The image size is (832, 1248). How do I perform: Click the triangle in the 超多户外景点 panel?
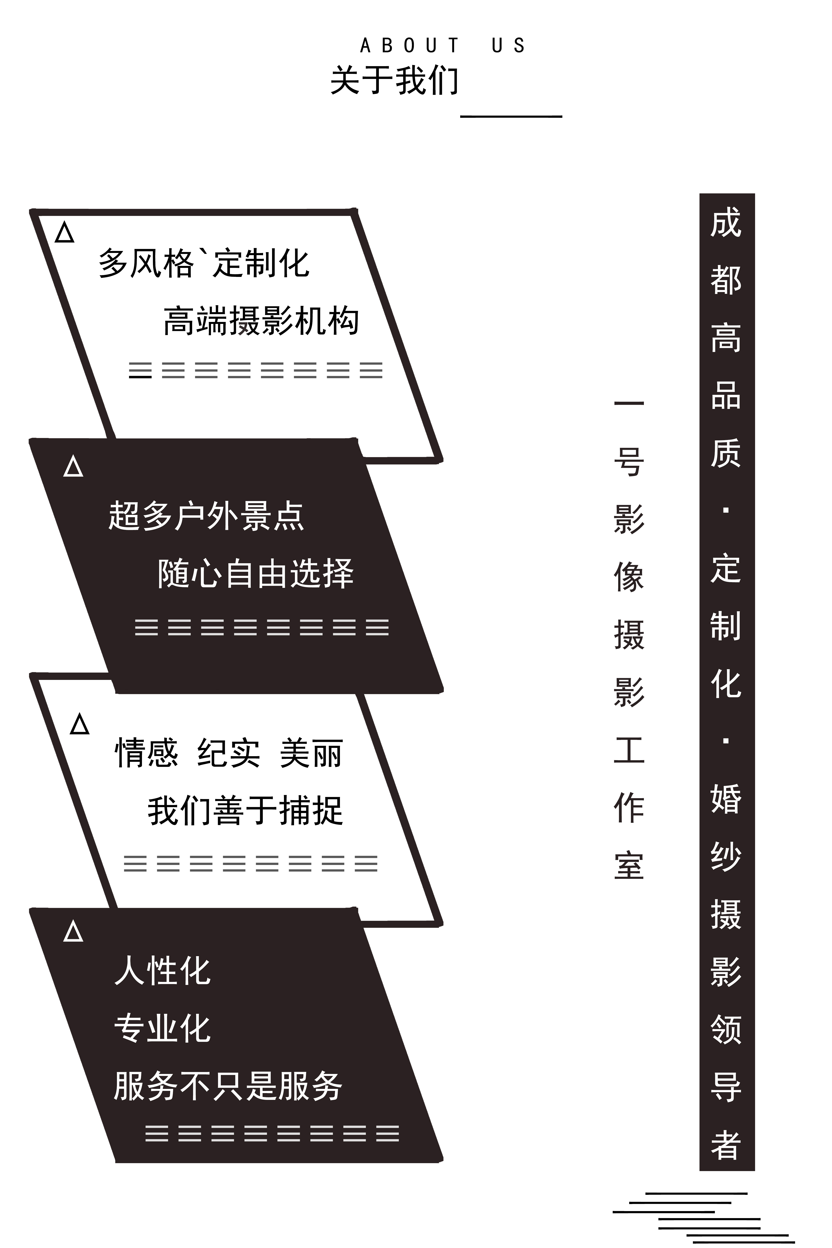click(x=73, y=466)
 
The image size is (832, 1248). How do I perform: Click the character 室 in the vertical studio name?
click(x=629, y=865)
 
